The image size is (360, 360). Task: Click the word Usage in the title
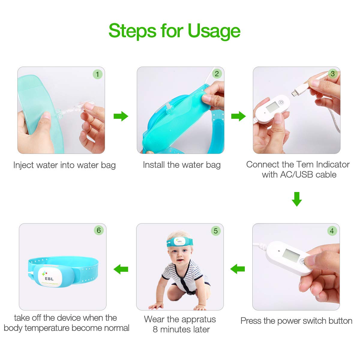(x=214, y=31)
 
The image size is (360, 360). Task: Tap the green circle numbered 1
(x=97, y=74)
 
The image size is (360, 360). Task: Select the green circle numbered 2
(x=217, y=74)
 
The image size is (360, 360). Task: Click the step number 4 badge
(x=331, y=231)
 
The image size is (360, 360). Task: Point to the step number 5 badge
(x=215, y=231)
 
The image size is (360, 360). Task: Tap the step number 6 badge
(x=98, y=230)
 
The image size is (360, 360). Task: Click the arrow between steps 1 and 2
(x=121, y=116)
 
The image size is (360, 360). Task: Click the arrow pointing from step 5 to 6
(x=121, y=269)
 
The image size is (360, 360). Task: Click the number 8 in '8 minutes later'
(x=155, y=329)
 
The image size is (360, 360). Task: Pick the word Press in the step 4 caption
(x=251, y=321)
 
